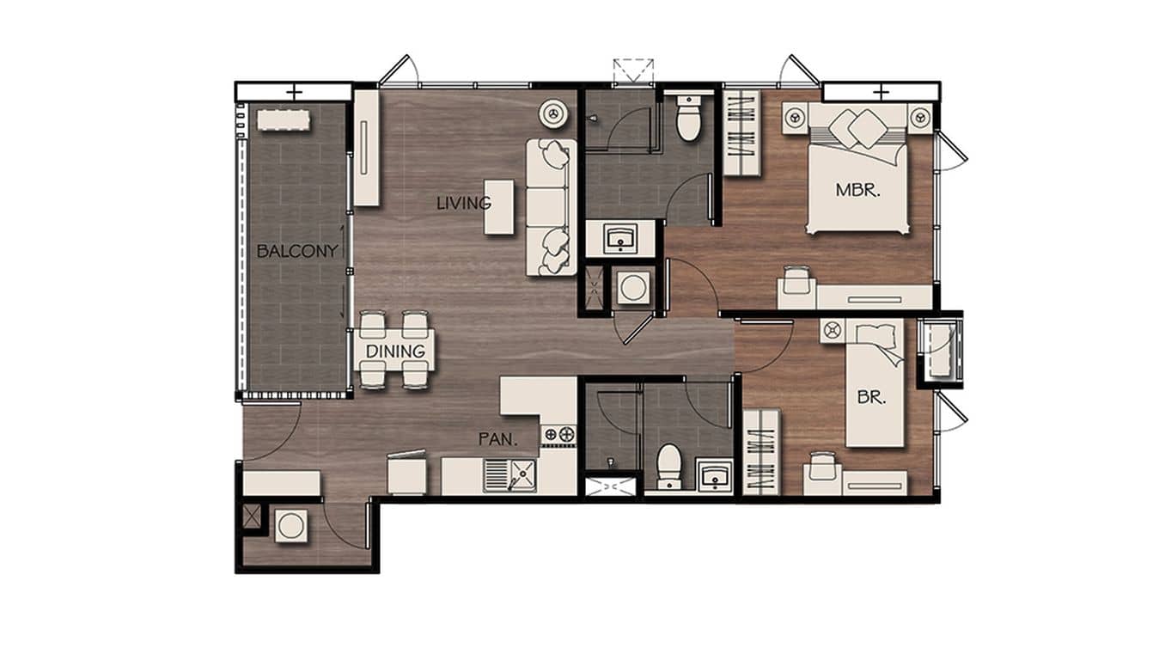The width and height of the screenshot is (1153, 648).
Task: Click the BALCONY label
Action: [296, 252]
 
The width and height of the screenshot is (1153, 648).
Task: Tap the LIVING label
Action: [463, 204]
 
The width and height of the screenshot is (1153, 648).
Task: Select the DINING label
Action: [395, 351]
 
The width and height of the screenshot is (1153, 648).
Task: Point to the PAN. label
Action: [498, 439]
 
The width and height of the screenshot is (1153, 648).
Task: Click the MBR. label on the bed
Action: [857, 191]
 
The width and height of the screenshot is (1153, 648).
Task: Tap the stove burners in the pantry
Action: [558, 435]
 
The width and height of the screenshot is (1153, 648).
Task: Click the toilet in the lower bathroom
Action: [668, 465]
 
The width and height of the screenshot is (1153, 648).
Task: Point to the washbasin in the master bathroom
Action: [620, 237]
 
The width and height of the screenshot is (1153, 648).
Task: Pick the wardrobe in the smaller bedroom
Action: [760, 452]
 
